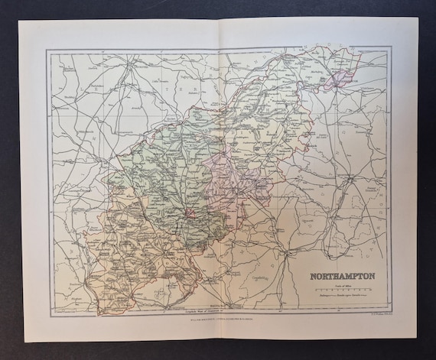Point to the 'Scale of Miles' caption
coord(341,284)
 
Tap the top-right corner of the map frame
coord(392,48)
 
